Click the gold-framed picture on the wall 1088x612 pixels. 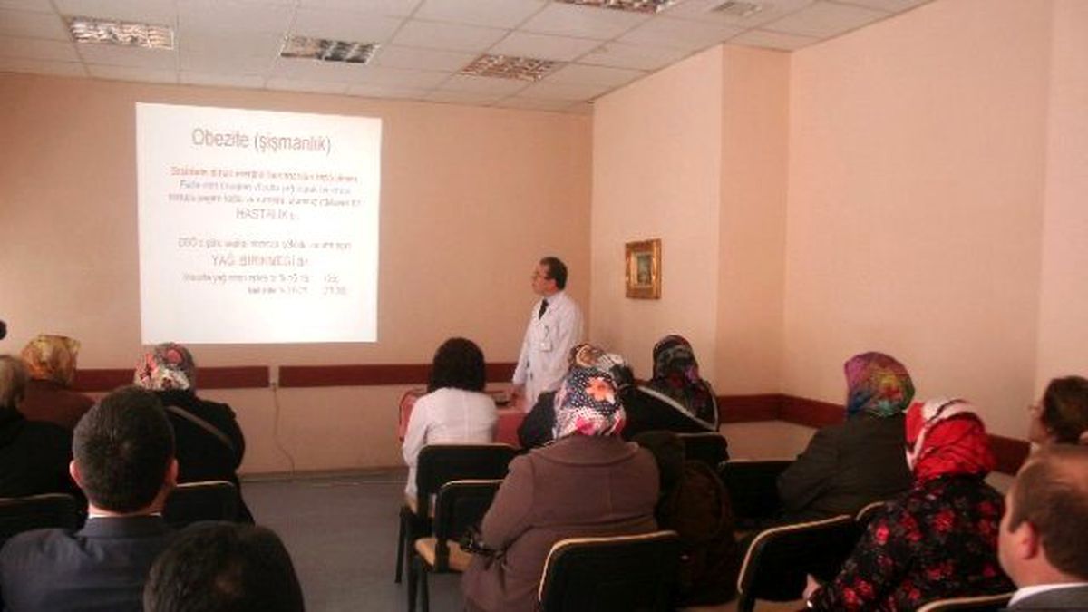tap(643, 268)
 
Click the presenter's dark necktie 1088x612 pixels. tap(542, 308)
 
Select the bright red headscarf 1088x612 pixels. tap(947, 440)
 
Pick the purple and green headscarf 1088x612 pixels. tap(877, 384)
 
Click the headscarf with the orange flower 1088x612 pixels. tap(589, 402)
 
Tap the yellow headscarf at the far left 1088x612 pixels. tap(51, 358)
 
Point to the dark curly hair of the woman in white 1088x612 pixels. tap(457, 364)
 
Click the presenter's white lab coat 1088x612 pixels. tap(547, 349)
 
